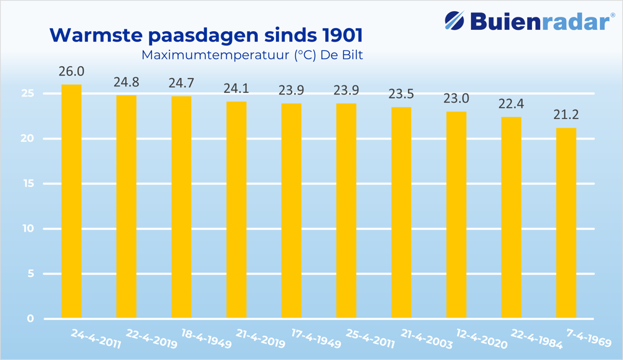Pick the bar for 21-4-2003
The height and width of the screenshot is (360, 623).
tap(401, 212)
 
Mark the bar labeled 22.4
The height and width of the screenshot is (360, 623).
tap(511, 217)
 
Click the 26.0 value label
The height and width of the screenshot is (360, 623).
tap(71, 72)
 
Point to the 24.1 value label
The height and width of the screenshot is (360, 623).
tap(236, 88)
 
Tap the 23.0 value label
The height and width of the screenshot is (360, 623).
tap(456, 98)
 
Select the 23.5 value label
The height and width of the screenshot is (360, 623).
tap(401, 94)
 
